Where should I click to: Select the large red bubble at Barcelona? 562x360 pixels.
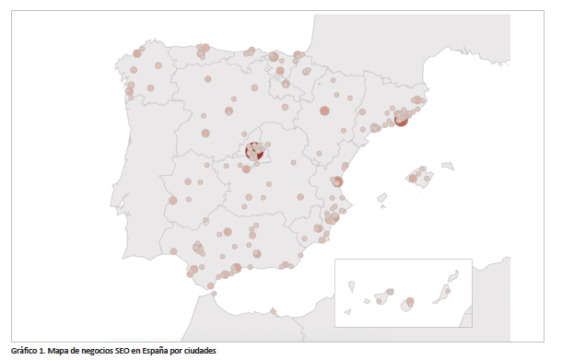(401, 121)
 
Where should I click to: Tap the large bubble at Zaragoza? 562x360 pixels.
(324, 111)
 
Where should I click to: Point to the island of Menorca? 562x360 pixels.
(448, 167)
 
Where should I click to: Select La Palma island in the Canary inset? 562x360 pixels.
(352, 286)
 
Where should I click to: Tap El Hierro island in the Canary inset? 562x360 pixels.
(348, 311)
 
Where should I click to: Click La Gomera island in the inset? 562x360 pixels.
(367, 301)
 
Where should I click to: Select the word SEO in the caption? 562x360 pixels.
(118, 351)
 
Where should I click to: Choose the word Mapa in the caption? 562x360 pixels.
(60, 351)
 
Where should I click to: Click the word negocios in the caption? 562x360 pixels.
(95, 351)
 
